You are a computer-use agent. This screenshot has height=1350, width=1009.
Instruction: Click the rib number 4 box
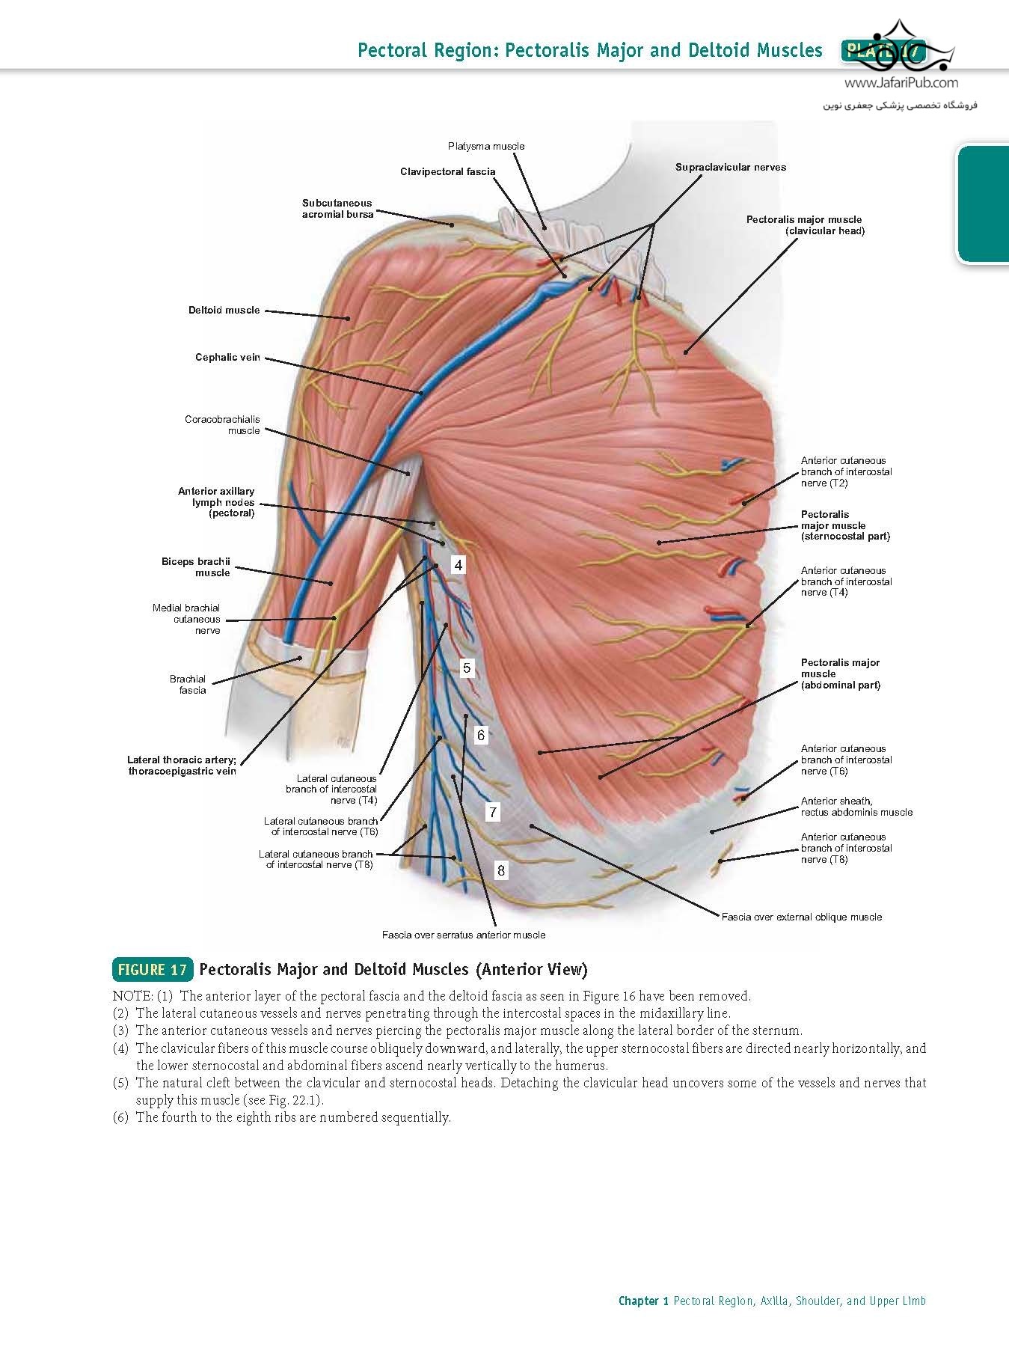(x=459, y=565)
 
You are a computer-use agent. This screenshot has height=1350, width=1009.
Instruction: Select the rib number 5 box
(x=467, y=668)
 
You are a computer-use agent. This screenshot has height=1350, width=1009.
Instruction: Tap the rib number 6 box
(x=481, y=735)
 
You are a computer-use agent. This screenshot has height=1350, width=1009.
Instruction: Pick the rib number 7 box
(x=493, y=812)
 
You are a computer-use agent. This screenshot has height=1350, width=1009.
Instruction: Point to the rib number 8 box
(x=501, y=870)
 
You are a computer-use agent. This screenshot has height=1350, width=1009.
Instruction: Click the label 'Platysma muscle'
(x=486, y=146)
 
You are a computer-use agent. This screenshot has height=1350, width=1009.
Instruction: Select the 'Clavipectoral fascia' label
(x=448, y=171)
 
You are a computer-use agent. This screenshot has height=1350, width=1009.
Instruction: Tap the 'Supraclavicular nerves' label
(x=731, y=167)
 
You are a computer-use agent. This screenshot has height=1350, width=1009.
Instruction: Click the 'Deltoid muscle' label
(x=224, y=310)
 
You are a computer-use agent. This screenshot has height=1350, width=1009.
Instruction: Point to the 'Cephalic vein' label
(x=227, y=357)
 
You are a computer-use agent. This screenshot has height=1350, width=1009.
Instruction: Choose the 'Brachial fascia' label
(x=188, y=685)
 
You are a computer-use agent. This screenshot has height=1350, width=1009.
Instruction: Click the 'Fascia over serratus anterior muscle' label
(x=464, y=935)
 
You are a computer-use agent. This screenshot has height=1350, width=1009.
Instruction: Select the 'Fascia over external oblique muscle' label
(x=802, y=917)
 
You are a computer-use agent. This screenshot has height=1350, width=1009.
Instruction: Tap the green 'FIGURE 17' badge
(x=153, y=970)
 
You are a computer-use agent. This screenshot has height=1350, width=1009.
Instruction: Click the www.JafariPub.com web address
(x=901, y=83)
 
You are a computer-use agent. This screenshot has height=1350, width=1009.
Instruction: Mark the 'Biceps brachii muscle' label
(x=196, y=566)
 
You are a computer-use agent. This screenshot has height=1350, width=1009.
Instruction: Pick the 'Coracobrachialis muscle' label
(x=222, y=425)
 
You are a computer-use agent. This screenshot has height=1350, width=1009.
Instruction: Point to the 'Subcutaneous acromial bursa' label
(x=337, y=208)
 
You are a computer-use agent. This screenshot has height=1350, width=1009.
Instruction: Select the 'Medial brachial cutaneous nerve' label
(x=186, y=619)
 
